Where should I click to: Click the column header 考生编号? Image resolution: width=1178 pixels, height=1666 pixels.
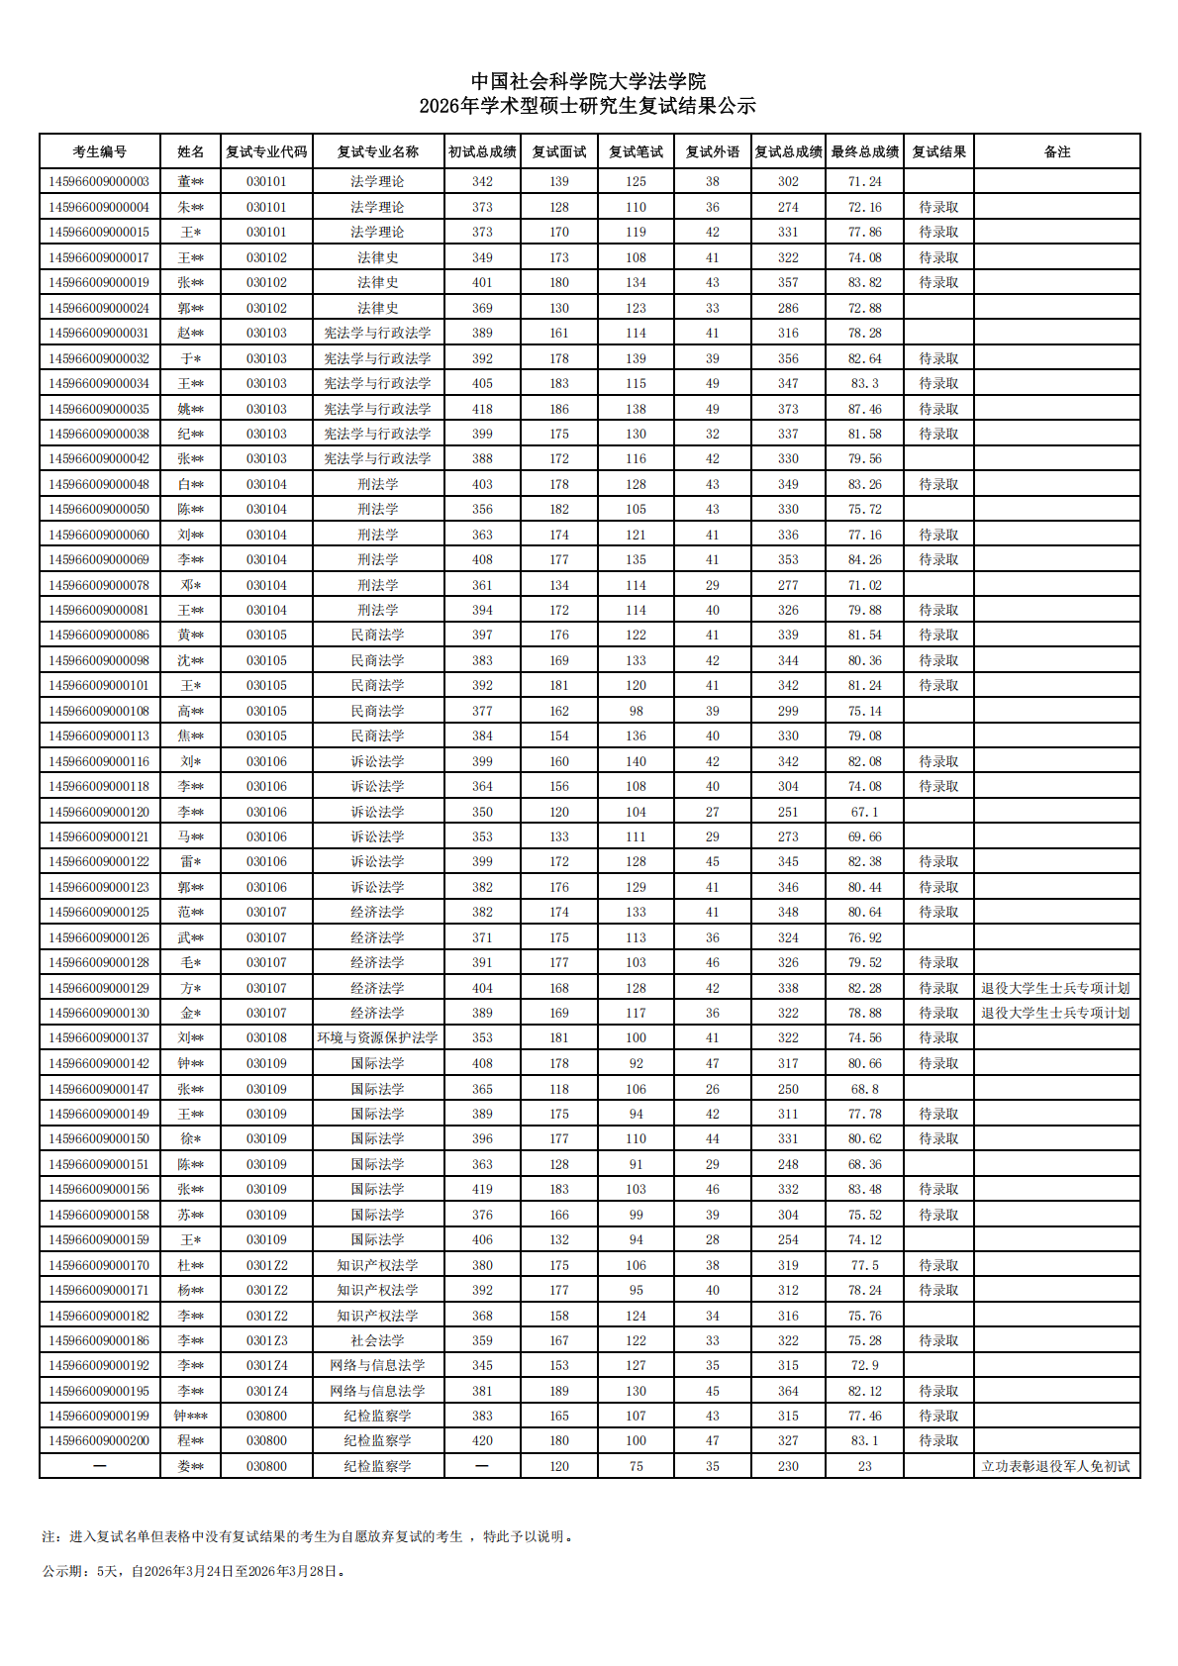(99, 151)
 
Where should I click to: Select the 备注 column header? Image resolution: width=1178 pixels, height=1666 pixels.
(1056, 151)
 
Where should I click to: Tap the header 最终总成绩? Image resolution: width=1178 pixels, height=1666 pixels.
(864, 151)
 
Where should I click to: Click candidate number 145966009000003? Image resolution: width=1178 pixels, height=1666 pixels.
(99, 181)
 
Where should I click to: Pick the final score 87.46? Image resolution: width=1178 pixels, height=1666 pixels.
(864, 409)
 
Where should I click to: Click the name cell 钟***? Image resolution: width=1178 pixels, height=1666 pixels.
(190, 1416)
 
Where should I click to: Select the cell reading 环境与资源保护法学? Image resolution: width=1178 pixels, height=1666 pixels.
(377, 1037)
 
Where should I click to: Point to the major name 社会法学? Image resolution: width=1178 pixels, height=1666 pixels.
(377, 1340)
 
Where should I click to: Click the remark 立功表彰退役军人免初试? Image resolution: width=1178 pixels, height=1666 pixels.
(1055, 1466)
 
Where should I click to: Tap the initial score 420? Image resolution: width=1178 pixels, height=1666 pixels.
(482, 1440)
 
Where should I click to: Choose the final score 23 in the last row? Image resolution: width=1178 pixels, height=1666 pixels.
(864, 1466)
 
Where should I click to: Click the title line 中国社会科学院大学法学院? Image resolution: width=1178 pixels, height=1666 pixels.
(588, 81)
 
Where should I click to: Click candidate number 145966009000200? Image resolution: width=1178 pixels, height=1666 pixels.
(99, 1440)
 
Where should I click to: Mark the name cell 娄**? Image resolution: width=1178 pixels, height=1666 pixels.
(190, 1466)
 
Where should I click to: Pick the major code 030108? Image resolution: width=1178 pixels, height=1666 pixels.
(266, 1037)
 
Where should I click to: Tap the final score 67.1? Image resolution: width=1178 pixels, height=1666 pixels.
(864, 812)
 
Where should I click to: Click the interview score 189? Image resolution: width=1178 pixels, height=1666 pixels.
(559, 1391)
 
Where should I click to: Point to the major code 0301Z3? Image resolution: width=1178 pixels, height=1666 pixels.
(266, 1340)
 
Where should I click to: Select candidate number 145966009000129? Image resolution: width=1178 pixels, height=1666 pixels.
(99, 988)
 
